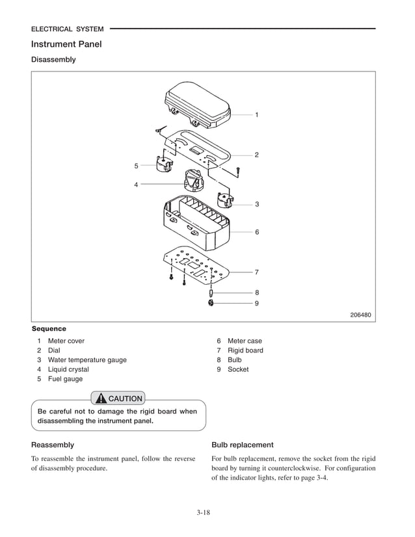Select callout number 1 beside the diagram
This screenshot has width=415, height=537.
pyautogui.click(x=256, y=115)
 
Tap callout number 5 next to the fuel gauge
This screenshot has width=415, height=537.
pyautogui.click(x=136, y=166)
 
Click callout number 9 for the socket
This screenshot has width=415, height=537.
pyautogui.click(x=256, y=303)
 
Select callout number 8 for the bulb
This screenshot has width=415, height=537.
pyautogui.click(x=256, y=293)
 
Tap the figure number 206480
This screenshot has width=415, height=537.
pyautogui.click(x=360, y=315)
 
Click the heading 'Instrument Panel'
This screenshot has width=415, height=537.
pyautogui.click(x=66, y=44)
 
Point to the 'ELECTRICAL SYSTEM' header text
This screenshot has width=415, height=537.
pyautogui.click(x=67, y=29)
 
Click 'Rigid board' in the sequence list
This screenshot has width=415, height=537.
pyautogui.click(x=245, y=350)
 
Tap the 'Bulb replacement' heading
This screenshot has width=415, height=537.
pyautogui.click(x=243, y=445)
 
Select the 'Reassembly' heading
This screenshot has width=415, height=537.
pyautogui.click(x=53, y=445)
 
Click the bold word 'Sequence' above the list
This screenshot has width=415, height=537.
pyautogui.click(x=49, y=329)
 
